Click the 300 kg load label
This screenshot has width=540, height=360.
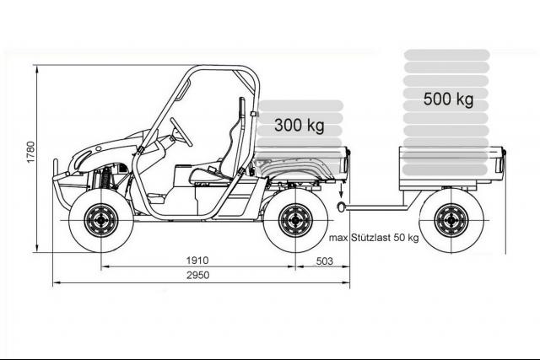pos(300,125)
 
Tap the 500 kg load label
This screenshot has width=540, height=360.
pos(448,99)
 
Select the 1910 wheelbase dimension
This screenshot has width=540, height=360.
pos(197,261)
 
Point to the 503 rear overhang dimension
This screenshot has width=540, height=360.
pos(324,261)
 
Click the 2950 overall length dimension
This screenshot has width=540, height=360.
pos(197,275)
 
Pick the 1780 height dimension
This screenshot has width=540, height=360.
pos(31,152)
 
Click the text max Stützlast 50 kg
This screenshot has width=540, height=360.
pos(374,238)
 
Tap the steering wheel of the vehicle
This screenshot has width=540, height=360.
pos(181,132)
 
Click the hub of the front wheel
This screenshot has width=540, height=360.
pos(101,220)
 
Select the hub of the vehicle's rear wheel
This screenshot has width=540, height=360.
pos(295,220)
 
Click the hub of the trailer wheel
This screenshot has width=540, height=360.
pos(451,220)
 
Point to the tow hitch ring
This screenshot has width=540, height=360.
pos(340,207)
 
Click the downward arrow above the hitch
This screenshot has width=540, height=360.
pos(341,191)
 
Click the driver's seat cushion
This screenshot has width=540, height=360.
pos(209,176)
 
